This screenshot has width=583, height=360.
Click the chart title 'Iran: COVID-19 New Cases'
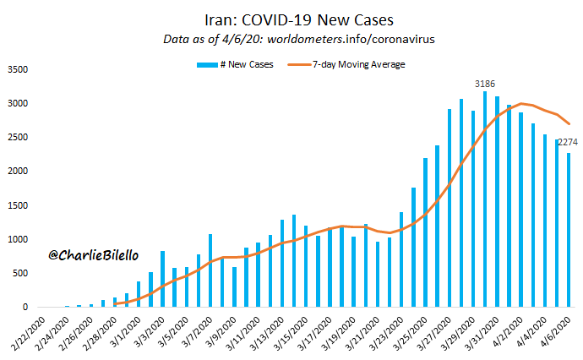[299, 19]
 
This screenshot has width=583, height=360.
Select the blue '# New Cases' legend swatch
[207, 65]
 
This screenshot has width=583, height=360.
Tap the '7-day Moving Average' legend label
[359, 64]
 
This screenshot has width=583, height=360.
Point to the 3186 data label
[485, 84]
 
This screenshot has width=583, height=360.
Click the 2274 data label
[568, 142]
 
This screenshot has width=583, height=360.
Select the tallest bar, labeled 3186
[485, 199]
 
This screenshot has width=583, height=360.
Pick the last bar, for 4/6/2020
[569, 230]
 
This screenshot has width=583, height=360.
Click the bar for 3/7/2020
[210, 270]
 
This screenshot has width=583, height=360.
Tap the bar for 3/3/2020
[162, 279]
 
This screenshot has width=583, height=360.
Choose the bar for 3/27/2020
[450, 208]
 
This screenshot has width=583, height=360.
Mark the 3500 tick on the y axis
[18, 69]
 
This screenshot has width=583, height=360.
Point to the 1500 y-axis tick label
[18, 205]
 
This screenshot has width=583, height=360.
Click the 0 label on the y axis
[25, 308]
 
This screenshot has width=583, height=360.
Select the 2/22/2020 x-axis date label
[28, 334]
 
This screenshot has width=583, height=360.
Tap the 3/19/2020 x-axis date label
[339, 334]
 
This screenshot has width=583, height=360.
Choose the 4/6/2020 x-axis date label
[555, 332]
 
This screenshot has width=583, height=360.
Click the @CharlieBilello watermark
[93, 255]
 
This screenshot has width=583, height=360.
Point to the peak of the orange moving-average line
[521, 103]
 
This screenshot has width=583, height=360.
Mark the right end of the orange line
[569, 124]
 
